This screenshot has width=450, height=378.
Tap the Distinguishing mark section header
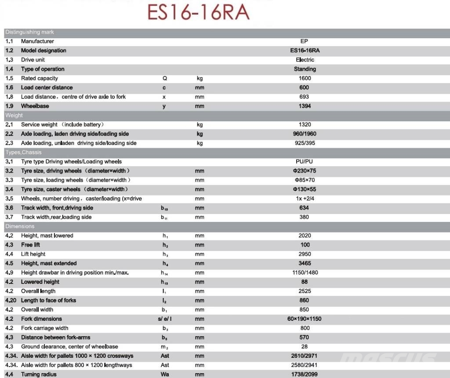(x=29, y=32)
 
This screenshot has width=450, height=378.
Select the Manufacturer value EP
(x=304, y=41)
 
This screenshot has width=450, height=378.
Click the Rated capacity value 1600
(x=305, y=78)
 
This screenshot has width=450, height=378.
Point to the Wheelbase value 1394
(x=305, y=106)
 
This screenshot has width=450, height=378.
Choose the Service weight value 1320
(x=305, y=124)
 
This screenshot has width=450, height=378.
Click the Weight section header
(x=14, y=115)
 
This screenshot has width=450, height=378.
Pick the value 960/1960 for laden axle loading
(x=305, y=134)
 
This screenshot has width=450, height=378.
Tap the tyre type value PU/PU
(x=305, y=161)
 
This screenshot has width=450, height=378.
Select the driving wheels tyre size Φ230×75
(x=305, y=171)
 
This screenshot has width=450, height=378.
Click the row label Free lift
(x=30, y=245)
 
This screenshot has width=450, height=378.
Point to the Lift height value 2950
(x=305, y=254)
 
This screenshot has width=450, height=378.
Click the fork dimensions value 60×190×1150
(x=305, y=319)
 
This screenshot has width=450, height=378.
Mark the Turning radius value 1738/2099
(x=305, y=374)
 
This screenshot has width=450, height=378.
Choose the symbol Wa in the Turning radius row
(x=165, y=374)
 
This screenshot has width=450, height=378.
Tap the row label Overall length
(x=38, y=291)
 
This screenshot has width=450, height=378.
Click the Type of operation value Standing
(x=305, y=69)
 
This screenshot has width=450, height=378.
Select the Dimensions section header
(x=20, y=226)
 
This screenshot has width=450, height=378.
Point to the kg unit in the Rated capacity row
(x=200, y=78)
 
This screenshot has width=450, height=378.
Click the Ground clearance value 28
(x=305, y=346)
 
